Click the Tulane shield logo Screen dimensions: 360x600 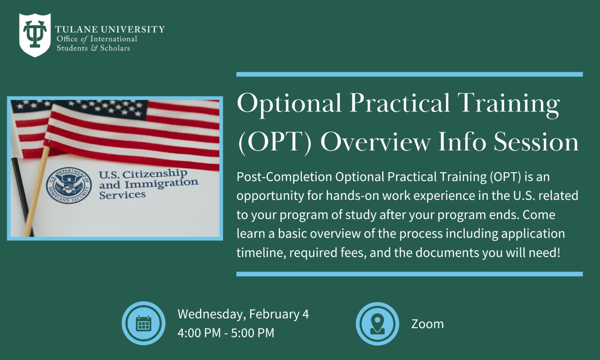click(35, 35)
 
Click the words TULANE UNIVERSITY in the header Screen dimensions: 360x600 click(110, 30)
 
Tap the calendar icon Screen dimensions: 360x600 click(144, 324)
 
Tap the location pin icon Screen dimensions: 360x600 click(377, 324)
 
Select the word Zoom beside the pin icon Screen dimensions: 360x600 click(427, 324)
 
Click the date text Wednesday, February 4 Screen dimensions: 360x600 click(243, 314)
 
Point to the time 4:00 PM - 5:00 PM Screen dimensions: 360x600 click(226, 332)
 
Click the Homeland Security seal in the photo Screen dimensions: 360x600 click(68, 186)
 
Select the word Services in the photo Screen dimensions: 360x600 click(122, 194)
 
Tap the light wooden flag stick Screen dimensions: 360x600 click(37, 185)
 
